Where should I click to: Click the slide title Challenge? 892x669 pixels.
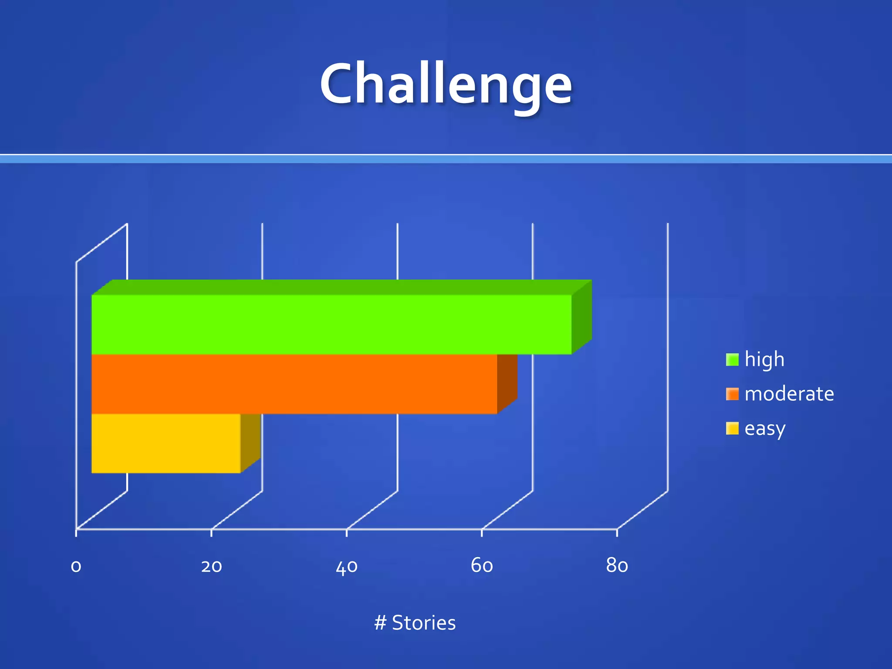[x=446, y=84]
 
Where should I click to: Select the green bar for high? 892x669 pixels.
[x=331, y=324]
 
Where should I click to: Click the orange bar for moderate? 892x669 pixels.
[x=294, y=384]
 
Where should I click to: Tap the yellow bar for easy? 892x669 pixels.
[x=166, y=443]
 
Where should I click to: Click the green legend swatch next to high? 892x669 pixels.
[x=732, y=360]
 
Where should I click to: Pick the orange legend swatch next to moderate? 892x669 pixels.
[x=732, y=394]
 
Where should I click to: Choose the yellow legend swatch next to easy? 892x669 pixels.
[x=732, y=429]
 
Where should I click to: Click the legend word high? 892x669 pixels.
[x=764, y=360]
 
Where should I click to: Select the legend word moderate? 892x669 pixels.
[x=789, y=394]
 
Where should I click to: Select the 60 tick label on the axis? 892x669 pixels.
[x=482, y=566]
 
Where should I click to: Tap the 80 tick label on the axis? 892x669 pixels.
[x=617, y=566]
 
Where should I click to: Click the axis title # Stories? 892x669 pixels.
[x=415, y=623]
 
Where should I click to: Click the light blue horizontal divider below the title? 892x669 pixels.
[x=446, y=159]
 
